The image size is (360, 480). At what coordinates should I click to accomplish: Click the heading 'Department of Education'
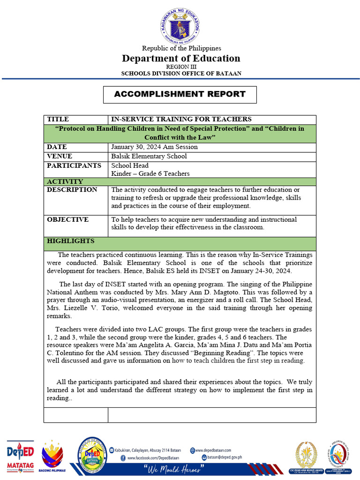point(181,58)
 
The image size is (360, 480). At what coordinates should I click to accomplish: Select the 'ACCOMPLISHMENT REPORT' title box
point(180,94)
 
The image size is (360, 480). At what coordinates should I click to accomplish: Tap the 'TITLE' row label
point(58,119)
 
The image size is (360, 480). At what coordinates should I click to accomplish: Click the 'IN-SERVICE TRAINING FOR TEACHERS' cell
point(181,119)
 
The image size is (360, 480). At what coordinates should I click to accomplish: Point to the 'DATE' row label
point(57,147)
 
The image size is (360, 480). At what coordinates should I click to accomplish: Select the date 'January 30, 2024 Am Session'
point(154,147)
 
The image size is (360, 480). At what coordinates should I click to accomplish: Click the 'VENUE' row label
point(60,156)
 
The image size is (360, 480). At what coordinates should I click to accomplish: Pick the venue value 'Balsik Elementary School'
point(149,156)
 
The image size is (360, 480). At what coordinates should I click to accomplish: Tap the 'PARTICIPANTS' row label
point(74,165)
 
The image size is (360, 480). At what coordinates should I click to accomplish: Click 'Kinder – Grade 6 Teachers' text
point(150,173)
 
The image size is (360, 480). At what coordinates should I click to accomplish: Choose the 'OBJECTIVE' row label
point(67,219)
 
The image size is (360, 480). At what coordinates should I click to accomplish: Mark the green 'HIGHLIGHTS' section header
point(70,241)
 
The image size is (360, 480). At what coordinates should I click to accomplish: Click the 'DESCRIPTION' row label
point(72,190)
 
